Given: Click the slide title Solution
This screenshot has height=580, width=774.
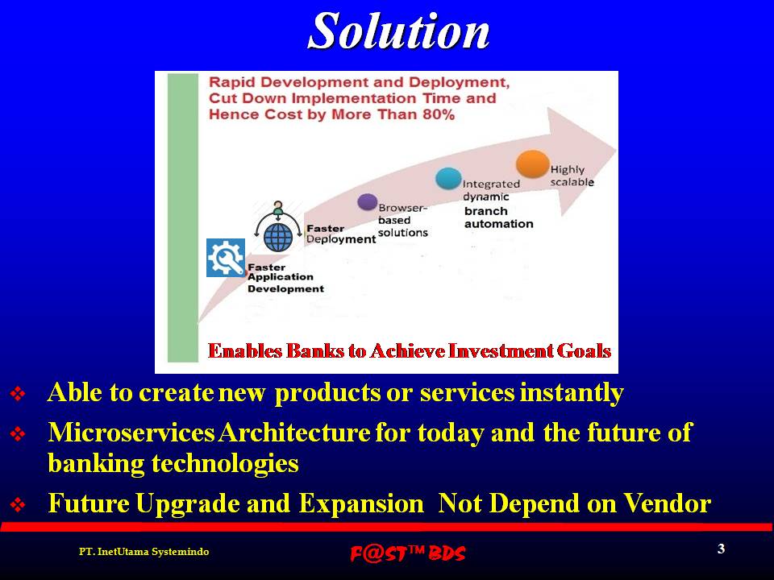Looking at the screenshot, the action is click(398, 31).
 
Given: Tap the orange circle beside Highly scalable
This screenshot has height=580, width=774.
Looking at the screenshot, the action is click(532, 164).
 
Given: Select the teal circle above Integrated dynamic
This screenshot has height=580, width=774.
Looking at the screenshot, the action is click(448, 178).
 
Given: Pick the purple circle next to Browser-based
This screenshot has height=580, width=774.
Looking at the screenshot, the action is click(367, 201).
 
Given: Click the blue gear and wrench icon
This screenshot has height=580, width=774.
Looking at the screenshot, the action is click(226, 258).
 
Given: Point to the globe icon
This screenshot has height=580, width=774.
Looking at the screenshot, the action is click(278, 237).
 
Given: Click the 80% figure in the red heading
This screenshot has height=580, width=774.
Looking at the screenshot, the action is click(439, 114).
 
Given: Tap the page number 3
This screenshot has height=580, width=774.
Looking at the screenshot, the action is click(721, 549).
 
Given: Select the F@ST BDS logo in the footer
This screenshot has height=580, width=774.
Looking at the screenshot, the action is click(408, 553).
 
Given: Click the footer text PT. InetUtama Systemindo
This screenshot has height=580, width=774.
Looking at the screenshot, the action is click(144, 551).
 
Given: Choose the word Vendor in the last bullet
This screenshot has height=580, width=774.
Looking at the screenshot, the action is click(667, 503).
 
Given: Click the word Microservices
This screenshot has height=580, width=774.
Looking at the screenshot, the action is click(131, 433).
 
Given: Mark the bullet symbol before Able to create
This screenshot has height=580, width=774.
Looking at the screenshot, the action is click(18, 394).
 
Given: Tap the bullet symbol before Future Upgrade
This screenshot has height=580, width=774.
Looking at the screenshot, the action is click(18, 504).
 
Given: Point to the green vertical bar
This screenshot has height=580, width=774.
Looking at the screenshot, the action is click(183, 217).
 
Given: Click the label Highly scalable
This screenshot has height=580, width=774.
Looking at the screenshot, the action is click(572, 176).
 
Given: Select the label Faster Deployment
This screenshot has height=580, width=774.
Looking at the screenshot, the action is click(341, 234).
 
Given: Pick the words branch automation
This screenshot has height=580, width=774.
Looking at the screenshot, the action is click(498, 217).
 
